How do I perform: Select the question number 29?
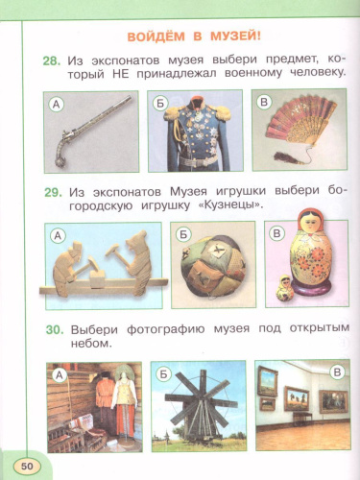53,192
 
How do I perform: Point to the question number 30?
53,329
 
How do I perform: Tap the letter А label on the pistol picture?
57,106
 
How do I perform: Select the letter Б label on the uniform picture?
159,103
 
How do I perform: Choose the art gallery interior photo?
301,403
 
